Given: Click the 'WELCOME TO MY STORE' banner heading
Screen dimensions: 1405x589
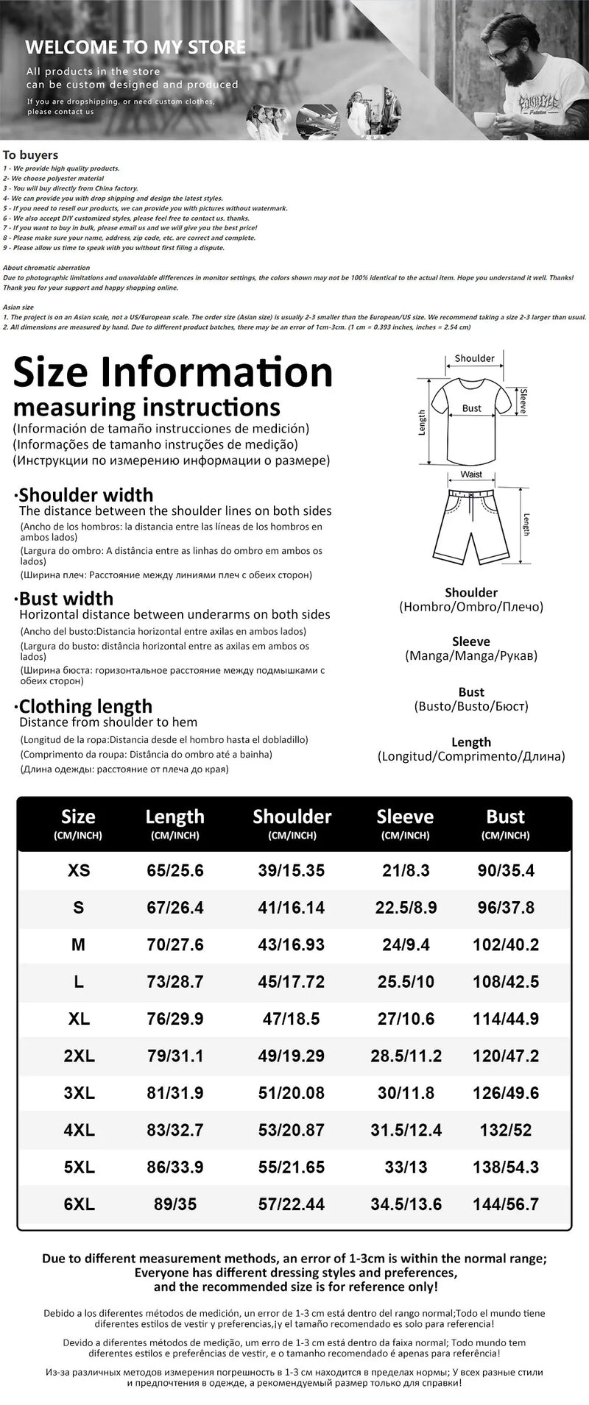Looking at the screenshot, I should point(135,48).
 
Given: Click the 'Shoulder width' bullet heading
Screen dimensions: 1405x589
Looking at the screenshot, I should point(86,494).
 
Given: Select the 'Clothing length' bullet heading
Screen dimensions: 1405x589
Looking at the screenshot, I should point(85,706).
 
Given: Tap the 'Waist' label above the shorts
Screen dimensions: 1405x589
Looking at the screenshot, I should point(471,474).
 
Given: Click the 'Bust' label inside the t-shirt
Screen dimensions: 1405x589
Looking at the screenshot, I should point(472,408).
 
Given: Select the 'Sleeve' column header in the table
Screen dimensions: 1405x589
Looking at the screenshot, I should point(405,817).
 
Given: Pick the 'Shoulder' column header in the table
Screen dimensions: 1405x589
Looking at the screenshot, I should point(292,817).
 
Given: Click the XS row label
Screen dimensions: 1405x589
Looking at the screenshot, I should point(79,871).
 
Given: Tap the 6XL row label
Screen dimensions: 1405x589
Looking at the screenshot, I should point(79,1204).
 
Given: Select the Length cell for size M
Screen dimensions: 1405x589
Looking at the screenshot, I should point(174,945).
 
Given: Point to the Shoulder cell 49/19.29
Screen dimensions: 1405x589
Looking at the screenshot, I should point(292,1056).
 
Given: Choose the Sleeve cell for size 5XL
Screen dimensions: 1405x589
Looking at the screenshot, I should point(406,1167).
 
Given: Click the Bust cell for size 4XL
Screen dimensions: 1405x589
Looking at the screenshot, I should point(506,1130).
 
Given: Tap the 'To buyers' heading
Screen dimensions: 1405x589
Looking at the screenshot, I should point(30,155).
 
